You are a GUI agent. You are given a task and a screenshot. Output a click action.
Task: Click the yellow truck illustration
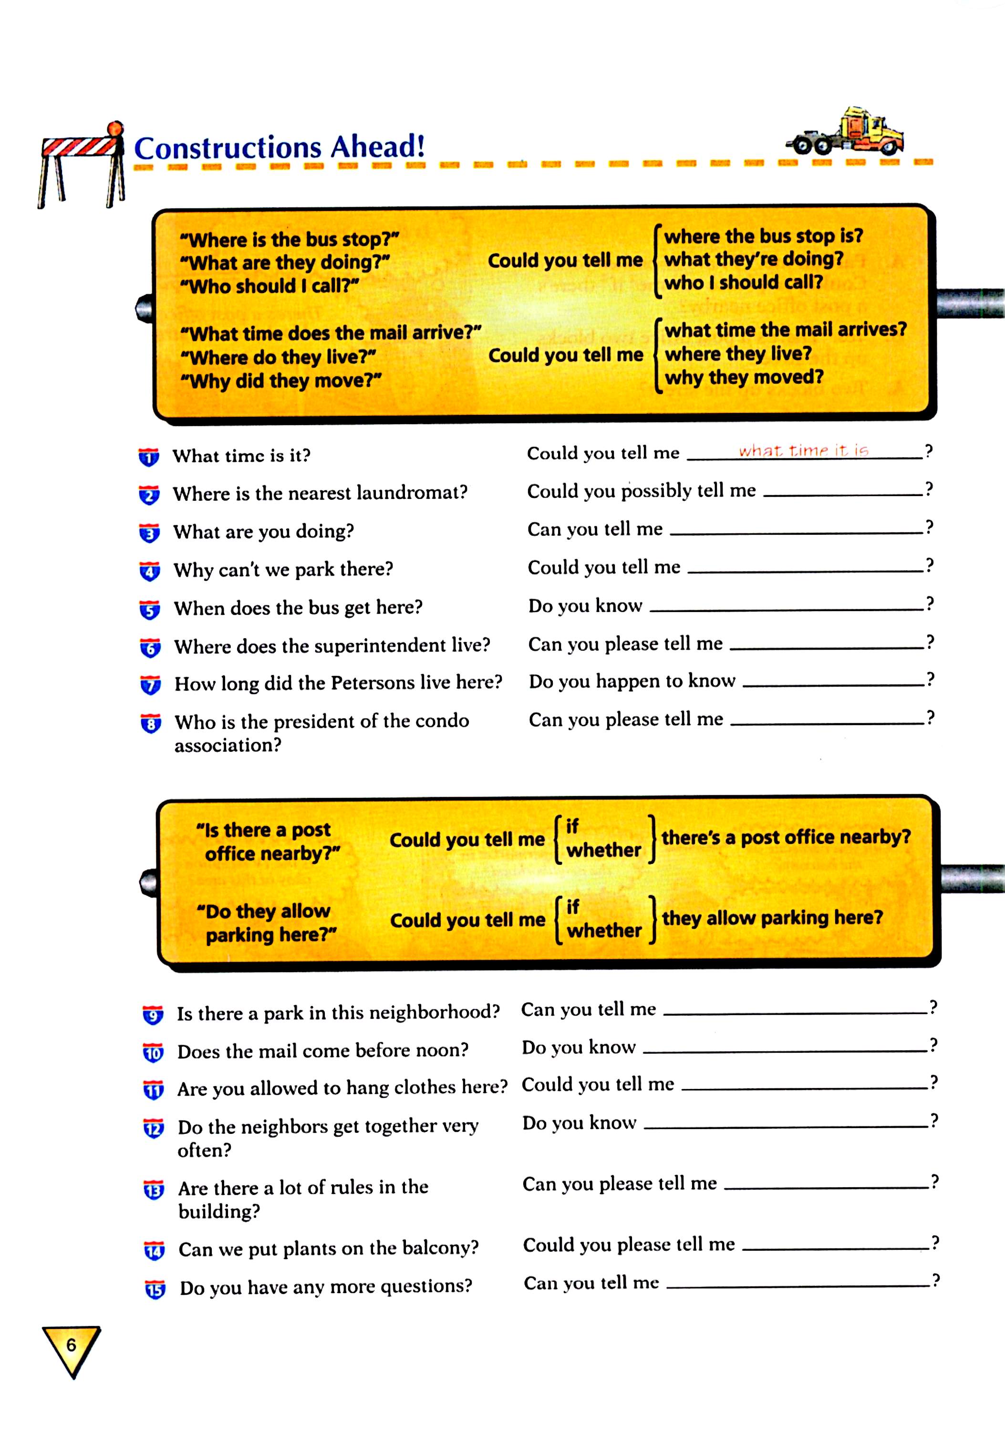tap(848, 133)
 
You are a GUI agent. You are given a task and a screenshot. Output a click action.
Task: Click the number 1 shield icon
tap(149, 457)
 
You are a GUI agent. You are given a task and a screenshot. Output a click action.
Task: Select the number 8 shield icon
tap(151, 723)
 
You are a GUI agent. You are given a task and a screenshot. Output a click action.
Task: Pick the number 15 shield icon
tap(155, 1289)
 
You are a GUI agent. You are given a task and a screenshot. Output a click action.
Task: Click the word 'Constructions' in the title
tap(228, 148)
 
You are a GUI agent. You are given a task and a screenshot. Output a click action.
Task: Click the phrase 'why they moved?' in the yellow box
tap(744, 377)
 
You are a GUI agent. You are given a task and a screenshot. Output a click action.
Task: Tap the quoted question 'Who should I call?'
tap(269, 286)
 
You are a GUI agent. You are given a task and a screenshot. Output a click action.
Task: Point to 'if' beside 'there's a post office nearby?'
tap(572, 827)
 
